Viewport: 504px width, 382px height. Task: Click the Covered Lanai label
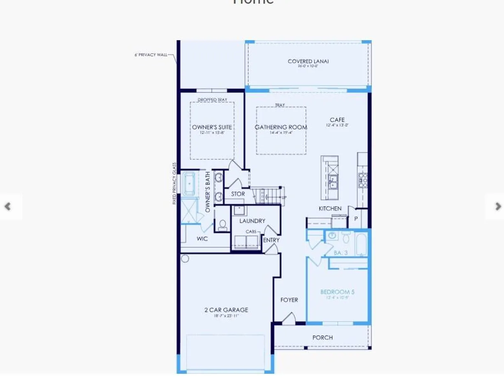click(x=308, y=61)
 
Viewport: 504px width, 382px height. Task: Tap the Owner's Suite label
click(x=212, y=127)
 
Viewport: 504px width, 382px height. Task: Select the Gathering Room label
click(x=281, y=127)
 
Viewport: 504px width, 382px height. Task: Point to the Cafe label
click(x=337, y=120)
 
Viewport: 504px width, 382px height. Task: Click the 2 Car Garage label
click(x=226, y=310)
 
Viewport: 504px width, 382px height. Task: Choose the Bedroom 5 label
click(x=337, y=292)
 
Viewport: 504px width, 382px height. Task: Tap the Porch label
click(x=322, y=337)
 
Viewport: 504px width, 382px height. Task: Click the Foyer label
click(x=289, y=300)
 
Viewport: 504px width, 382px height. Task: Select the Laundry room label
click(x=252, y=221)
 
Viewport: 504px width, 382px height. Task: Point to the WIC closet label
click(x=202, y=239)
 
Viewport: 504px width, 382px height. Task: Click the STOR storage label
click(x=238, y=194)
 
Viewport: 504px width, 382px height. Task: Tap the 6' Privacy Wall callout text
click(x=151, y=55)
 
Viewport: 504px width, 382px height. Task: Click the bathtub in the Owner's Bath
click(x=190, y=183)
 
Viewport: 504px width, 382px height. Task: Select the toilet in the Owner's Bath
click(x=223, y=225)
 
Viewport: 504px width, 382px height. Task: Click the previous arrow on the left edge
click(x=7, y=206)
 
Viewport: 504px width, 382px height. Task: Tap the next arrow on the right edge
click(x=498, y=206)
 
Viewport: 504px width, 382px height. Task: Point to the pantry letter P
click(x=356, y=219)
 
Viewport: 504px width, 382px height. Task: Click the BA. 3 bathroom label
click(x=341, y=253)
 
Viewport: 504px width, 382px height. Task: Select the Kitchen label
click(x=330, y=209)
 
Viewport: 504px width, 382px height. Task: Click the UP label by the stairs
click(x=284, y=198)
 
